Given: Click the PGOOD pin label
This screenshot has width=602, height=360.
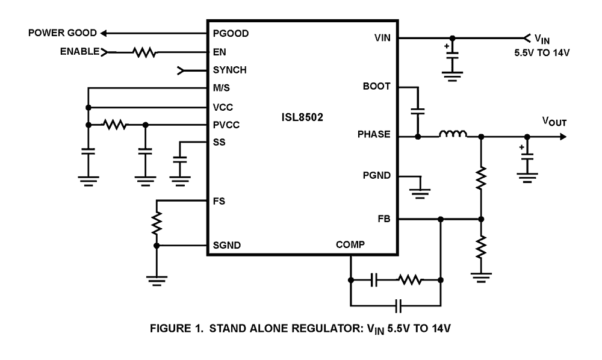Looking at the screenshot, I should (x=230, y=33).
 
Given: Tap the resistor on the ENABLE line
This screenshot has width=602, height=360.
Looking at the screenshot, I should (x=144, y=52).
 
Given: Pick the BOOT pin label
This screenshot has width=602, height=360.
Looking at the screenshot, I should (x=377, y=87).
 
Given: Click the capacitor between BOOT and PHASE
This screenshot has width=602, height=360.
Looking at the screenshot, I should (x=417, y=111).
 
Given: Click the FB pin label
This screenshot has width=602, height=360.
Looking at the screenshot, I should (x=384, y=219).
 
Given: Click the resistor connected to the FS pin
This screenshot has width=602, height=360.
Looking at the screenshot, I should (x=157, y=223).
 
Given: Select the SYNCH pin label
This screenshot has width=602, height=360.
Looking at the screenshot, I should (x=229, y=70).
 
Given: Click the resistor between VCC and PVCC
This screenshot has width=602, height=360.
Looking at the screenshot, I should (x=115, y=125).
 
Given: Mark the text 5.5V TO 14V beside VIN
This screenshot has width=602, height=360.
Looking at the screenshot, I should (x=538, y=52).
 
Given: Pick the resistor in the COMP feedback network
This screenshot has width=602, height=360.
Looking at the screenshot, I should (x=410, y=280).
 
